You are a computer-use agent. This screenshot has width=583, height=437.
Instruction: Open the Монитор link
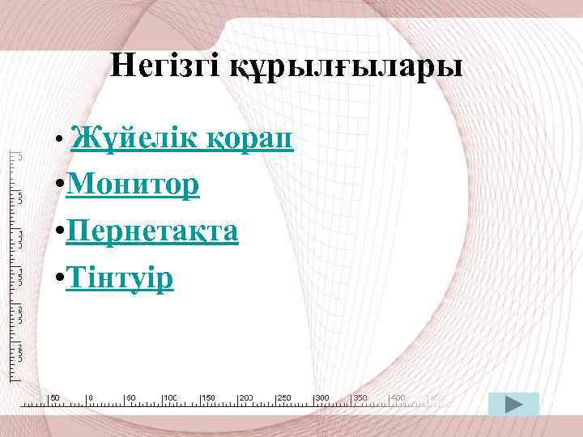pyautogui.click(x=134, y=185)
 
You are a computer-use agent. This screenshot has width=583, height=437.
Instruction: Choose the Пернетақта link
pyautogui.click(x=153, y=231)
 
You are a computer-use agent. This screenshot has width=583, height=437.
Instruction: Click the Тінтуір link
pyautogui.click(x=121, y=278)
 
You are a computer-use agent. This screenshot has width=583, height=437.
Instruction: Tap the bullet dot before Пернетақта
pyautogui.click(x=61, y=233)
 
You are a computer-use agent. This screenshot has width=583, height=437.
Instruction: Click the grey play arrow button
pyautogui.click(x=513, y=404)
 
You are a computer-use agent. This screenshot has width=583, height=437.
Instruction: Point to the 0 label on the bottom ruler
pyautogui.click(x=91, y=397)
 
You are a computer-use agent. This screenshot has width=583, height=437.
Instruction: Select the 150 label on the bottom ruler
pyautogui.click(x=208, y=397)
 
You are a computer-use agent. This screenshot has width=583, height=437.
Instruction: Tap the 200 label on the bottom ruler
pyautogui.click(x=246, y=397)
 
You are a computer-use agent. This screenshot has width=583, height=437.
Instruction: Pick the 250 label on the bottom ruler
pyautogui.click(x=284, y=397)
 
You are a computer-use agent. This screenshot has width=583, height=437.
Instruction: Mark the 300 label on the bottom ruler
pyautogui.click(x=322, y=397)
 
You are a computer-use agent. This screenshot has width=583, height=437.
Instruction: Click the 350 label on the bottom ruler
pyautogui.click(x=360, y=397)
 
